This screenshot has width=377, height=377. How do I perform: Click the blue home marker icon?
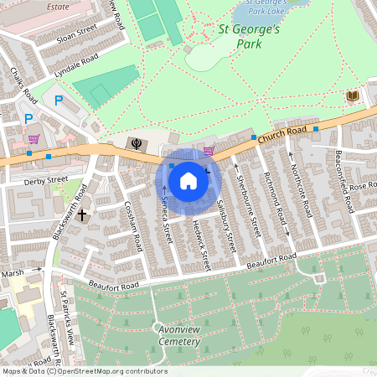tap(188, 180)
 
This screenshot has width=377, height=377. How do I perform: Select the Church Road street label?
tap(281, 135)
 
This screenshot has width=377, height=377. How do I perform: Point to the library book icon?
tap(353, 97)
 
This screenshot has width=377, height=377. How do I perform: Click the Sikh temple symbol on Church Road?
tap(134, 143)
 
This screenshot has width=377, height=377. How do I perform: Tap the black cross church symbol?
tap(82, 215)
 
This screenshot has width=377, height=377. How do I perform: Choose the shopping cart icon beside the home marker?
tap(209, 151)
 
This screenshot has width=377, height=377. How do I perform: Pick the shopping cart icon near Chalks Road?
tap(34, 139)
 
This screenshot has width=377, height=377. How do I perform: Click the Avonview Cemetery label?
tap(178, 335)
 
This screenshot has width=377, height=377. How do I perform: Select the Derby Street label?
tap(46, 179)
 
